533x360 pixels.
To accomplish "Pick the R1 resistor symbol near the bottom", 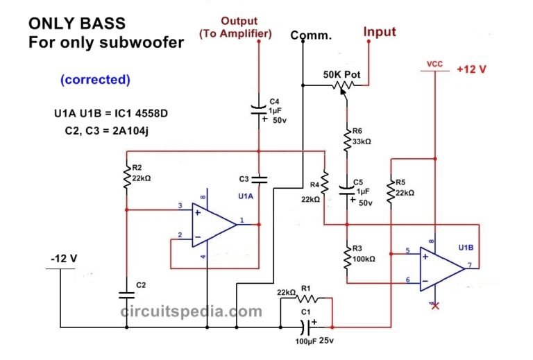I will (x=307, y=299).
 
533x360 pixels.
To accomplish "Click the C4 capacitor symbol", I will (x=258, y=110).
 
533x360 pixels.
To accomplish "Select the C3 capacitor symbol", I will (x=258, y=179).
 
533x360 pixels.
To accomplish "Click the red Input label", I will (x=380, y=32).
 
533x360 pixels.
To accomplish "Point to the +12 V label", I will (x=473, y=70).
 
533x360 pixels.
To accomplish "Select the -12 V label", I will (x=63, y=259).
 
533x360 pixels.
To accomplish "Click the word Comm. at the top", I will (x=311, y=35).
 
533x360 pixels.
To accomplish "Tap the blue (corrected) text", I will (x=94, y=79).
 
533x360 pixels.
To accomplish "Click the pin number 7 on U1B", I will (x=470, y=265).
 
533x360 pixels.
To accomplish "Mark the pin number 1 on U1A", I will (x=242, y=221).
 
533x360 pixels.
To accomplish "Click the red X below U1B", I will (x=435, y=306).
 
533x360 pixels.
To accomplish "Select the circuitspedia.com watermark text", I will (x=192, y=311).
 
